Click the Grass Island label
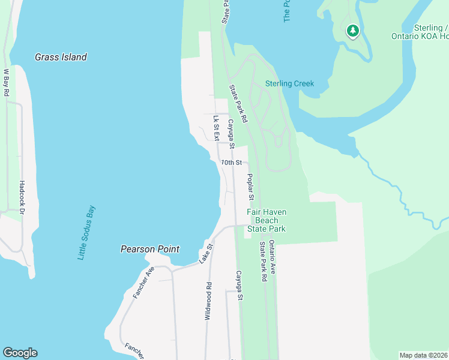61,58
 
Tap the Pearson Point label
149,249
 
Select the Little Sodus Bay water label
86,233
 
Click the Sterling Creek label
290,83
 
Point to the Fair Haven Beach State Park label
267,220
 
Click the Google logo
20,353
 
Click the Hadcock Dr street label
22,197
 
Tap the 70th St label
231,163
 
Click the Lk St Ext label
215,128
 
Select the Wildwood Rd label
208,301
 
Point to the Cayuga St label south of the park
239,286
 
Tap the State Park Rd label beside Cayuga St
238,104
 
